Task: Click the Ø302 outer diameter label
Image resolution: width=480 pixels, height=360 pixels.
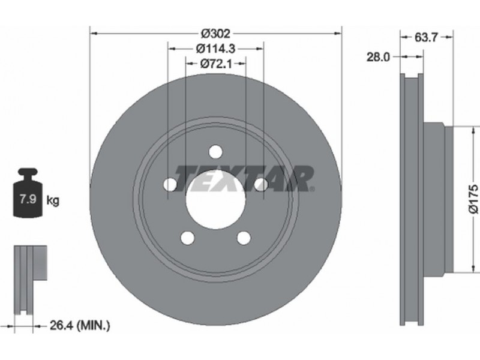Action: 215,34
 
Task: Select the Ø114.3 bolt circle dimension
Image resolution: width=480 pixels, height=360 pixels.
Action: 215,49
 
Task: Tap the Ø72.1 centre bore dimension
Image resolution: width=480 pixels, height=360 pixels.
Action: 216,64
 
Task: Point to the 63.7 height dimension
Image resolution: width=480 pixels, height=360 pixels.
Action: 427,37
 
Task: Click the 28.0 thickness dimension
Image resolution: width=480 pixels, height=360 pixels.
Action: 379,57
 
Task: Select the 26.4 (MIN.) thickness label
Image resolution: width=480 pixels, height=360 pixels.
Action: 80,325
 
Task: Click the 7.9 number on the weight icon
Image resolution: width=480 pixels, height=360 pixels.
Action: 28,199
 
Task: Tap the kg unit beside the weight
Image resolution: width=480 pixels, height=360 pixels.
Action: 53,200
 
